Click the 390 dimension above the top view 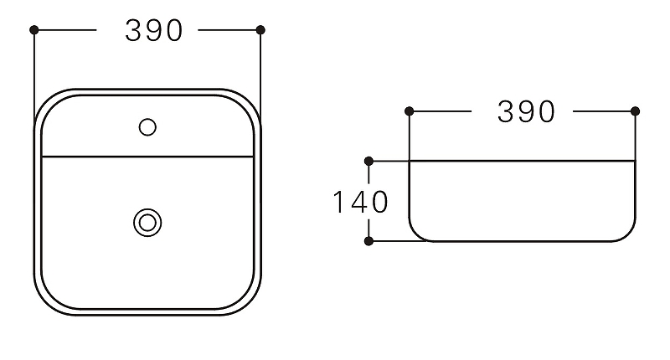pos(154,30)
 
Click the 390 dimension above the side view pos(526,111)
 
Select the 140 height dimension pos(360,202)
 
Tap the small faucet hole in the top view pos(147,127)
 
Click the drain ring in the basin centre pos(147,222)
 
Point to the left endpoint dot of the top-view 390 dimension pos(34,30)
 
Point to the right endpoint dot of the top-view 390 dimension pos(260,30)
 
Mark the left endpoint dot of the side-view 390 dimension pos(409,111)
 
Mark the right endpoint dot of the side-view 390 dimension pos(635,111)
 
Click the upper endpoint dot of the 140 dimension pos(368,160)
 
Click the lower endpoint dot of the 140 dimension pos(368,241)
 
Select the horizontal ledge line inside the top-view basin pos(147,157)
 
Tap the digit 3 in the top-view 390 pos(134,30)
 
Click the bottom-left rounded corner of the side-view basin pos(416,234)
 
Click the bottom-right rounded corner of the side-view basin pos(627,234)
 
